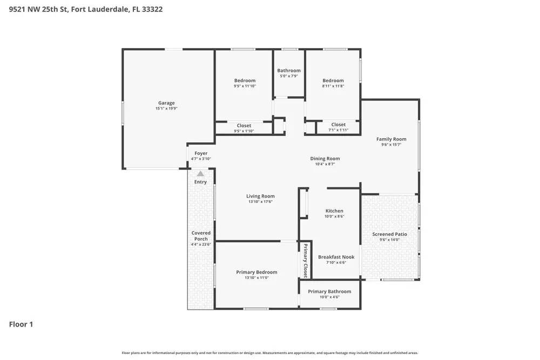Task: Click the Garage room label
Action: (166, 103)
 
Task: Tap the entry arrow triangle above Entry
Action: (200, 174)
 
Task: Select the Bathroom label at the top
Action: (289, 70)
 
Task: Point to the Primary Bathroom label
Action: (329, 291)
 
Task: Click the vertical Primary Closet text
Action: (305, 261)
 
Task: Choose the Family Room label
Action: (391, 139)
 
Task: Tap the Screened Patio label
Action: (389, 234)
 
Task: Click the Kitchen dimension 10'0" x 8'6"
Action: (334, 216)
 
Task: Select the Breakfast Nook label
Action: (336, 257)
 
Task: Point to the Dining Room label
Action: (325, 158)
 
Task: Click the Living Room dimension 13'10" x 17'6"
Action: (260, 202)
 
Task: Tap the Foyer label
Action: (201, 153)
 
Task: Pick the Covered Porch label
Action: (200, 236)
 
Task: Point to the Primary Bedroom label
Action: (256, 272)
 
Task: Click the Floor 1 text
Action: (21, 324)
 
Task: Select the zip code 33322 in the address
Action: (152, 9)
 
